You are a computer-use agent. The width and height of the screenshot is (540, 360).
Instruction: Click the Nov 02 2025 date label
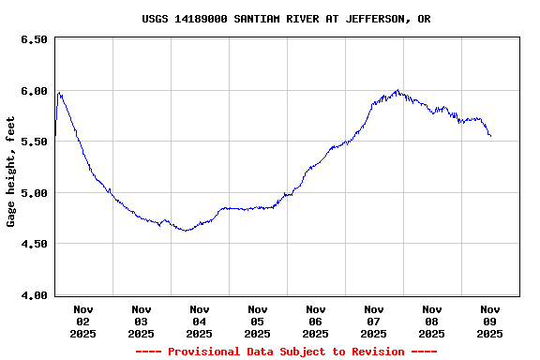coord(83,321)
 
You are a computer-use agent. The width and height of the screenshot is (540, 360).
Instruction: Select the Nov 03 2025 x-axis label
coord(142,321)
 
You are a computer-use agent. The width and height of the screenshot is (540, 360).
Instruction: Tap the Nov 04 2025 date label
coord(200,321)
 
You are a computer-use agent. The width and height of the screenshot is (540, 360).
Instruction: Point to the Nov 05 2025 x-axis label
coord(258,321)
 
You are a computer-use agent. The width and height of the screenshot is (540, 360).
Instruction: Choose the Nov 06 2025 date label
coord(316,321)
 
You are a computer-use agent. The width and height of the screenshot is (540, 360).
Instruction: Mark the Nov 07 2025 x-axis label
coord(374,321)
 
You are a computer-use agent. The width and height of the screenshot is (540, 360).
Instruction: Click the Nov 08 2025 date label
coord(432,321)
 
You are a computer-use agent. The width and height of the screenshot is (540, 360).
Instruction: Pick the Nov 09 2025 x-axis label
coord(490,321)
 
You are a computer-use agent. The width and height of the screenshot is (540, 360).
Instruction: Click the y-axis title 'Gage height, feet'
coord(11,172)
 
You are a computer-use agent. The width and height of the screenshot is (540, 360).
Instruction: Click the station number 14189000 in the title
coord(201,19)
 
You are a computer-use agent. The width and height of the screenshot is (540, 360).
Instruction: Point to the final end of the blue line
coord(490,136)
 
